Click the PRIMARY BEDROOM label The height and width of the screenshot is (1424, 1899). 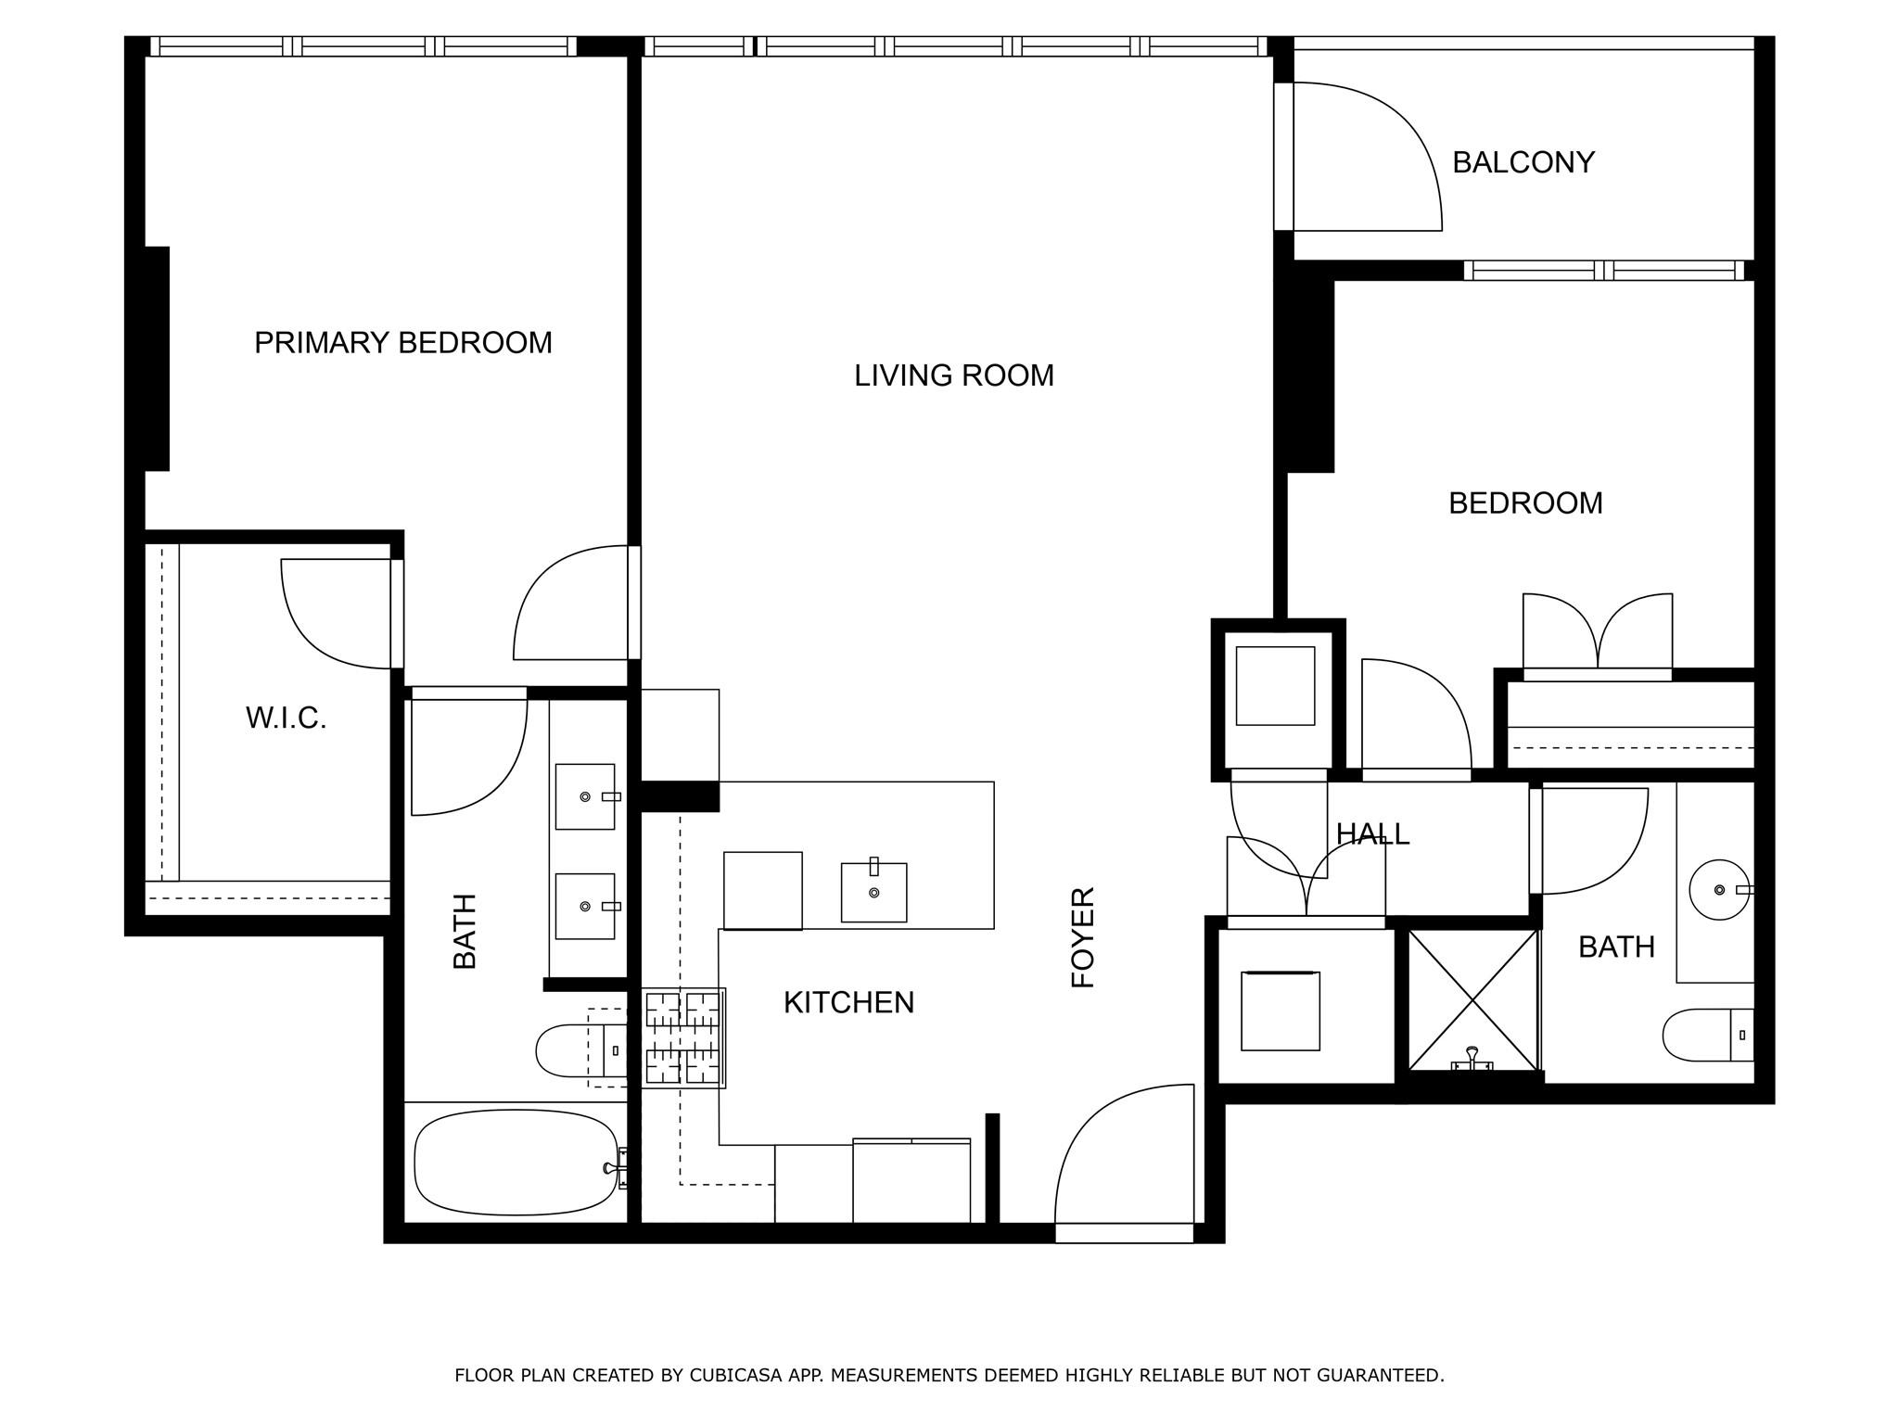tap(402, 343)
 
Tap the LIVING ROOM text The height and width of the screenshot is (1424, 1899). tap(953, 375)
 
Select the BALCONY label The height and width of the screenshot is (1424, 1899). tap(1523, 162)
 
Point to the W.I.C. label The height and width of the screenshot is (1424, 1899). tap(286, 718)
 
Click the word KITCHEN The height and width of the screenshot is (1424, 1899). tap(848, 1002)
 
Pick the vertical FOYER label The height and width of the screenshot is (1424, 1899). tap(1083, 937)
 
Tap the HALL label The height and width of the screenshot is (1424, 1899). tap(1372, 834)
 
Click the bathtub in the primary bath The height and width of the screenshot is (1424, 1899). tap(516, 1163)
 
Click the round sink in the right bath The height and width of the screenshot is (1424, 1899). tap(1720, 889)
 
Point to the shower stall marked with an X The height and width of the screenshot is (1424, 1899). tap(1472, 1000)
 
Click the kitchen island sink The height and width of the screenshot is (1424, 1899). tap(873, 892)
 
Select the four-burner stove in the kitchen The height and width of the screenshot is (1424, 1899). tap(683, 1037)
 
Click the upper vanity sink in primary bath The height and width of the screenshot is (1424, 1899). tap(584, 796)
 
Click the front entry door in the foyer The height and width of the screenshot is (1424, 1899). tap(1124, 1159)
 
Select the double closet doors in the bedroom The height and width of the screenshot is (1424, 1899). tap(1597, 632)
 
